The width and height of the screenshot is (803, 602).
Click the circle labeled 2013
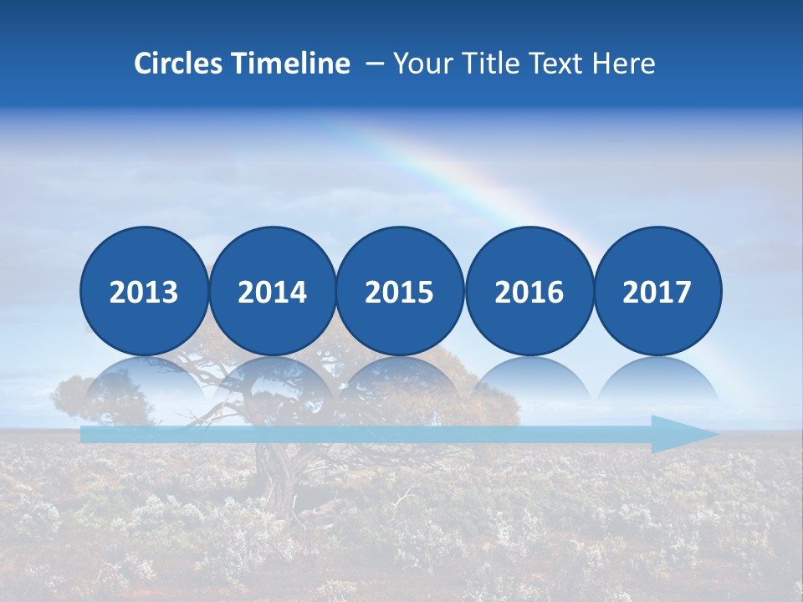pyautogui.click(x=144, y=291)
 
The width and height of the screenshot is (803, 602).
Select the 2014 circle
pyautogui.click(x=273, y=291)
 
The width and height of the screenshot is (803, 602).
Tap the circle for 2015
pyautogui.click(x=400, y=291)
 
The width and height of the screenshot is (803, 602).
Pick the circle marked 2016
pyautogui.click(x=529, y=291)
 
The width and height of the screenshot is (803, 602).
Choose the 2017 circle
pyautogui.click(x=657, y=291)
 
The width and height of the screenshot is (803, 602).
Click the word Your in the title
pyautogui.click(x=419, y=64)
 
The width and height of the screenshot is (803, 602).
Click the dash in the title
pyautogui.click(x=375, y=64)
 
